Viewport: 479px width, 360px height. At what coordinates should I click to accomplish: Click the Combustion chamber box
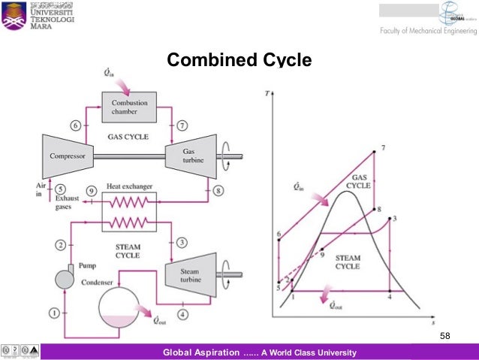coord(129,107)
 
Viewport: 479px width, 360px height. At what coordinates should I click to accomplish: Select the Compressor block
coord(67,156)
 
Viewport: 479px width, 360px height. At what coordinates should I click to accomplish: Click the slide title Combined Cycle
coord(238,59)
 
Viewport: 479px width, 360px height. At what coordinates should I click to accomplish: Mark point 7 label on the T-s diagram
coord(383,147)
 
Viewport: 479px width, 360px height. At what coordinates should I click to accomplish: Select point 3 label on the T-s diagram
coord(394,218)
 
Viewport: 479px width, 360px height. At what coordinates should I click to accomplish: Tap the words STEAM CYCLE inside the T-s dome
coord(348,262)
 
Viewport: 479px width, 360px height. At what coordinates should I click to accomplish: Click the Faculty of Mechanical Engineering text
coord(426,31)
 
